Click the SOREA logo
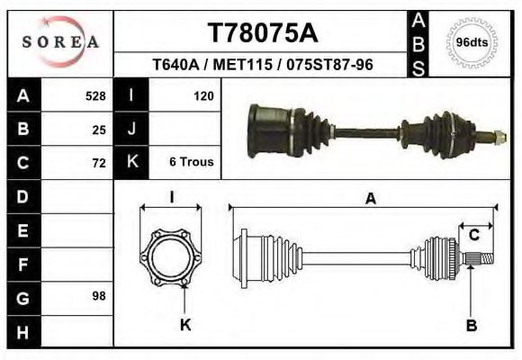click(x=60, y=42)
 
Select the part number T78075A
click(x=263, y=33)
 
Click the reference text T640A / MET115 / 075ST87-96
click(x=263, y=66)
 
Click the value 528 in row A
click(x=94, y=95)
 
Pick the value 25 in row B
click(x=98, y=129)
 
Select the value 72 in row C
click(x=98, y=163)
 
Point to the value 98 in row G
click(x=98, y=295)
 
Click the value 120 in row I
click(x=202, y=95)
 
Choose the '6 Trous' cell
click(x=191, y=163)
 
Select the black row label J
click(x=131, y=129)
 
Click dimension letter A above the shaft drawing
click(x=370, y=200)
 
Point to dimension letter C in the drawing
click(x=473, y=236)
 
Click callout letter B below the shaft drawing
click(x=471, y=325)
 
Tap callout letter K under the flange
click(x=185, y=325)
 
